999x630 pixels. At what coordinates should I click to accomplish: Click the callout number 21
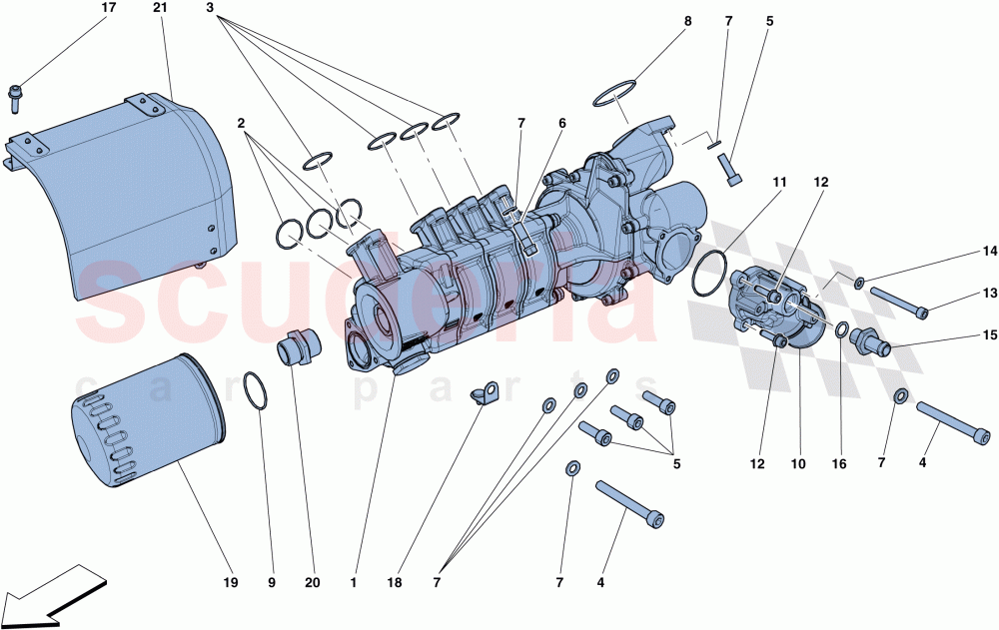coord(161,8)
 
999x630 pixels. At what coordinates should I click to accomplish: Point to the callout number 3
coord(210,8)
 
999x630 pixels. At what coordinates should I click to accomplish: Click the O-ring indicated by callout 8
coord(617,93)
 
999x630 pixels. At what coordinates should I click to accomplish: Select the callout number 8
coord(687,21)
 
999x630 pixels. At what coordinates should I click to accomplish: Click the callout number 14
coord(989,252)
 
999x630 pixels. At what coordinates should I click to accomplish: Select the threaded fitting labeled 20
coord(297,351)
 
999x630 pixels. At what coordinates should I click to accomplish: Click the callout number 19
coord(230,581)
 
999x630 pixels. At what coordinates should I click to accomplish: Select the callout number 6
coord(562,123)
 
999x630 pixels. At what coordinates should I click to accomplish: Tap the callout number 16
coord(839,464)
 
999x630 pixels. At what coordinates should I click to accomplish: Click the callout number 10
coord(798,464)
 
